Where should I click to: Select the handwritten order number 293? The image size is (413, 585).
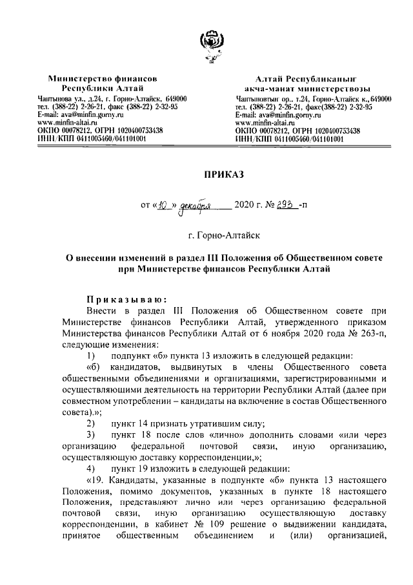285,206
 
